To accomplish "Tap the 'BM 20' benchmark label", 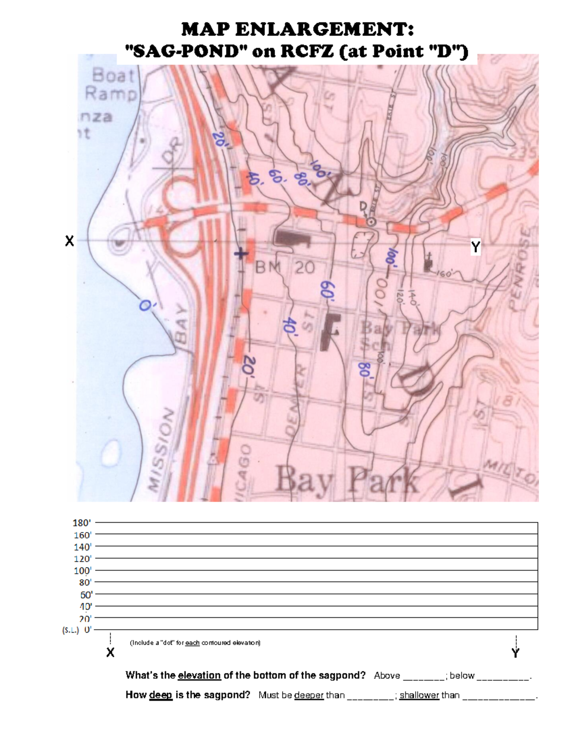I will click(x=285, y=268).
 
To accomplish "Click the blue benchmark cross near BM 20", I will click(x=241, y=254).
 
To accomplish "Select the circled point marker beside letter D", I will click(x=370, y=222).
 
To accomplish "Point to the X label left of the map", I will click(x=69, y=241).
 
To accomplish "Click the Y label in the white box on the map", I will click(x=475, y=247).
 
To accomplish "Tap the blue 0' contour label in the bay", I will click(x=145, y=304).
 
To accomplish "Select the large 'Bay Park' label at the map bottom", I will click(x=347, y=480).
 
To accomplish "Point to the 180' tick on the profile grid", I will click(x=82, y=523).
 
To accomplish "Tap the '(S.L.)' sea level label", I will click(x=71, y=630).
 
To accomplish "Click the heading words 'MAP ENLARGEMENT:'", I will click(x=297, y=30).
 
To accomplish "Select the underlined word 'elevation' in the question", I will click(x=199, y=675).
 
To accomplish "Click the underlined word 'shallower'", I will click(x=419, y=695).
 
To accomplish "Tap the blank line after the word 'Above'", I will click(x=423, y=677).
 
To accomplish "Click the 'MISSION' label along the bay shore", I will click(x=161, y=449).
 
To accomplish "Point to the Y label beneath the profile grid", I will click(x=515, y=653).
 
